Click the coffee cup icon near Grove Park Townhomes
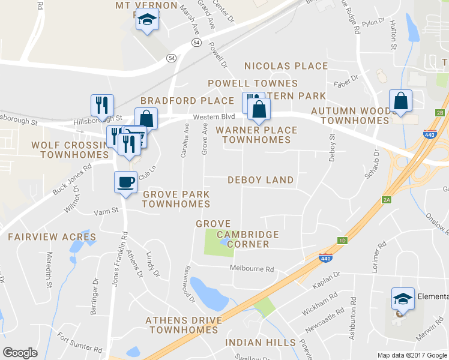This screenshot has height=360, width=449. (125, 182)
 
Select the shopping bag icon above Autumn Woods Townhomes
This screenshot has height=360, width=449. (400, 101)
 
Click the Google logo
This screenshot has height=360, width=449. (20, 353)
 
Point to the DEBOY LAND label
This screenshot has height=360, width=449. (261, 180)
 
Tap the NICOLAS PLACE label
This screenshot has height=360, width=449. (286, 66)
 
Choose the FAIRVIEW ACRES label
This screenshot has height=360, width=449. (52, 237)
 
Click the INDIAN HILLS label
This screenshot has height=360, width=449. (260, 343)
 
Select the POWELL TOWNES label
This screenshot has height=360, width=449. (253, 83)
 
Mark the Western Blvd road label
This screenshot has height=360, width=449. (213, 117)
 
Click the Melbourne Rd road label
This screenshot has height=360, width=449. (253, 269)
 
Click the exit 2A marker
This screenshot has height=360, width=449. (386, 200)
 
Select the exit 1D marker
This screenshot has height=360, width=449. (342, 241)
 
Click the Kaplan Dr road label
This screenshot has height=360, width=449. (328, 278)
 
